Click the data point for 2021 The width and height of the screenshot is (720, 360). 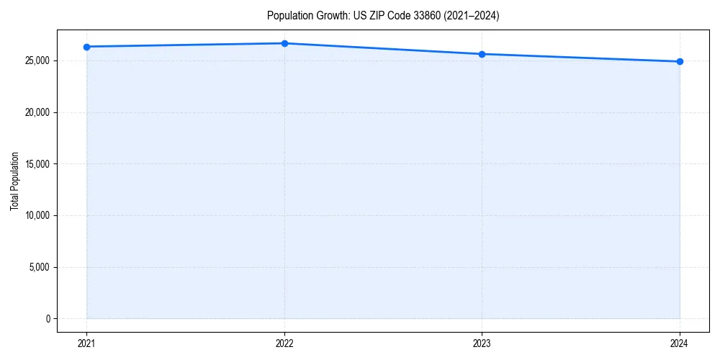(x=86, y=47)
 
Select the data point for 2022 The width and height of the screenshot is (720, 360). (x=284, y=43)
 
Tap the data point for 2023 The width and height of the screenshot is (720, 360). (x=482, y=54)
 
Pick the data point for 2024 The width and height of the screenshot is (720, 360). (x=680, y=61)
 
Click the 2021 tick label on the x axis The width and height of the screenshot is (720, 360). (x=86, y=343)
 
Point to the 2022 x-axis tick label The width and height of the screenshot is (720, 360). (x=284, y=343)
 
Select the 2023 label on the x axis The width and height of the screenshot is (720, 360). (x=482, y=343)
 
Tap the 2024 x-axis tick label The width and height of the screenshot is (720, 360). (x=680, y=343)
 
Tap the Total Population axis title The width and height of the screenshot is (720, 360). (x=14, y=181)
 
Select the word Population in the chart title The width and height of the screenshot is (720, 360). (x=287, y=16)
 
